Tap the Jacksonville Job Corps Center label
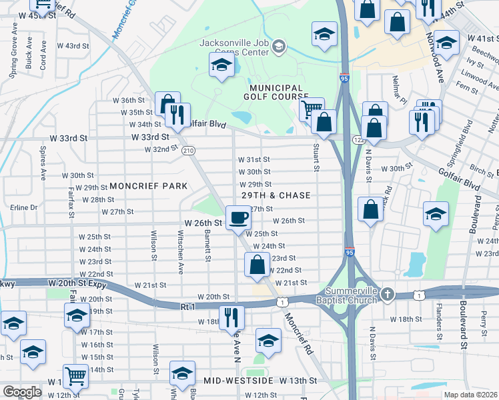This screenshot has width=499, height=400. (x=237, y=43)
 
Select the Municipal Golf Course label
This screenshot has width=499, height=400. (x=276, y=93)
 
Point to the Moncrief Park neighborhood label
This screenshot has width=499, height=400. (x=148, y=185)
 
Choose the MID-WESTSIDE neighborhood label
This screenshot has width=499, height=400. (x=239, y=380)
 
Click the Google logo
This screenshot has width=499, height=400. (x=22, y=391)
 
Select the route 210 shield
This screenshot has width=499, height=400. (x=188, y=150)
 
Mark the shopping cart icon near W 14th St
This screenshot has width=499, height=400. (x=75, y=377)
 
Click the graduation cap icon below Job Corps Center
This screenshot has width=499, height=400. (x=221, y=66)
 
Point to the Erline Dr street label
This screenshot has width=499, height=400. (x=24, y=207)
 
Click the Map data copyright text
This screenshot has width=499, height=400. (x=471, y=395)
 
